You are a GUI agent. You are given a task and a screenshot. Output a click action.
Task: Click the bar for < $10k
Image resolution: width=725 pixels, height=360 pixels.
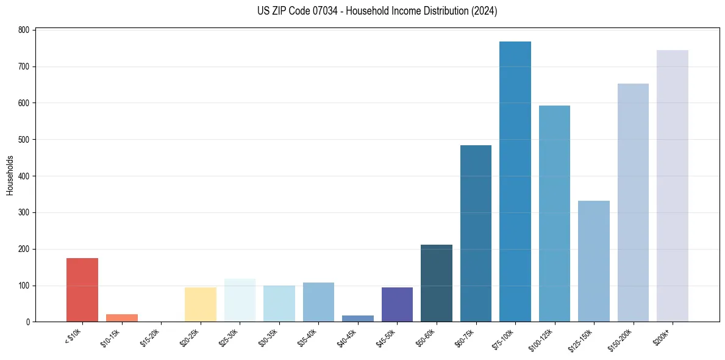82,290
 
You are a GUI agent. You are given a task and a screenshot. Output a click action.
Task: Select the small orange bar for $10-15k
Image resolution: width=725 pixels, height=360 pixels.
121,318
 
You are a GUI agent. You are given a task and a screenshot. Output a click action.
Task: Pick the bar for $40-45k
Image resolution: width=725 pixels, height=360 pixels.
357,319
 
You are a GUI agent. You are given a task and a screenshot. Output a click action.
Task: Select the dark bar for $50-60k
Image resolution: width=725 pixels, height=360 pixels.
436,283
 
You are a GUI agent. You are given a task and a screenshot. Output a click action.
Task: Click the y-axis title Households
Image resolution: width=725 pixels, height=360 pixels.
10,175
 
